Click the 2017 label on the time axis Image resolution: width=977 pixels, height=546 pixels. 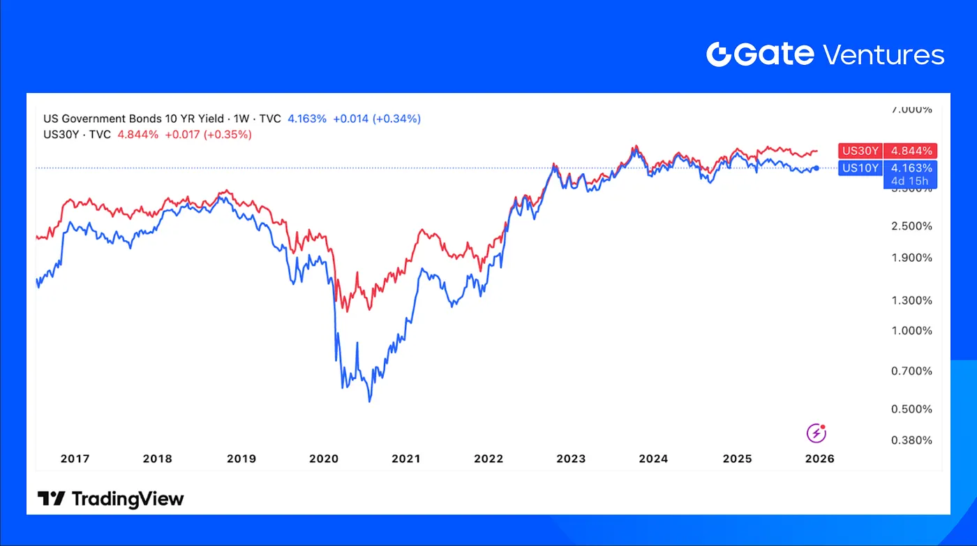(x=75, y=459)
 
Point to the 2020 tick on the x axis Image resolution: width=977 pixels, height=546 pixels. (x=323, y=459)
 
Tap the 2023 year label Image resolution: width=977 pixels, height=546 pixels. (x=571, y=459)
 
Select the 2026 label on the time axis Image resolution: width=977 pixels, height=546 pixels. (x=819, y=459)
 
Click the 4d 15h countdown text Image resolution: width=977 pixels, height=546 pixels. (x=910, y=182)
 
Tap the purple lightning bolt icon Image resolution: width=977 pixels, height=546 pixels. (x=816, y=434)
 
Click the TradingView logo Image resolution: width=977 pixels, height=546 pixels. (x=110, y=499)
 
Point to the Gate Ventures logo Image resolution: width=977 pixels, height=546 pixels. (x=825, y=54)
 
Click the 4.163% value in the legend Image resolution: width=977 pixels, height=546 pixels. (x=307, y=119)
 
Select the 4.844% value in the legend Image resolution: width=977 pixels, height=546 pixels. (x=139, y=134)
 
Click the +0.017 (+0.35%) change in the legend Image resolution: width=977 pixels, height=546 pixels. (x=208, y=134)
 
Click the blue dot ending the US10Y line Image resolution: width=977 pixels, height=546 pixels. (x=816, y=168)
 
